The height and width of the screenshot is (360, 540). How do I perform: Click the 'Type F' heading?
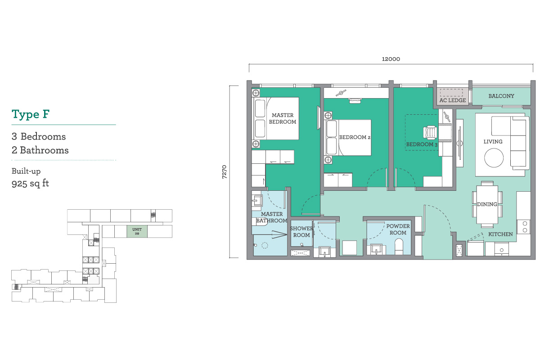[x=31, y=114]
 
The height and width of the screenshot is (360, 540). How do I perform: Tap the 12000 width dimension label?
[x=391, y=59]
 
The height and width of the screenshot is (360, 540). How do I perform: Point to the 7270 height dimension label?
[x=225, y=172]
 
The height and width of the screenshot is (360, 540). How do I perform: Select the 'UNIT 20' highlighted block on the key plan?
[x=137, y=231]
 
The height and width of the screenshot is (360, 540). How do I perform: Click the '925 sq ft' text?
[x=30, y=184]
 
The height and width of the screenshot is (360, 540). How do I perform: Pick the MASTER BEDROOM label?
[x=283, y=119]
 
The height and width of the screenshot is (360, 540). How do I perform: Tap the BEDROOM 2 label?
[x=355, y=137]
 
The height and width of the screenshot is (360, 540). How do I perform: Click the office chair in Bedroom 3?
[x=430, y=133]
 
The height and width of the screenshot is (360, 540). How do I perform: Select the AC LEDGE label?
[x=453, y=100]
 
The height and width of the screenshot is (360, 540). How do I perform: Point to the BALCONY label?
[x=501, y=96]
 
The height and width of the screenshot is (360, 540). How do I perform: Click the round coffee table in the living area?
[x=494, y=157]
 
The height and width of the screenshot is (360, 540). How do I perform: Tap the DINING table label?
[x=487, y=204]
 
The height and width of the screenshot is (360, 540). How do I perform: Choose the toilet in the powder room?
[x=399, y=247]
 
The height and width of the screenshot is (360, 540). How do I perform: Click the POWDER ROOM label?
[x=398, y=229]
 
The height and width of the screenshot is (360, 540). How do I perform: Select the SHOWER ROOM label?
[x=301, y=231]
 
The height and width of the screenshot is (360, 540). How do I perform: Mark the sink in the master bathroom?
[x=257, y=200]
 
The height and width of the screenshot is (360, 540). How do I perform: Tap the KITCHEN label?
[x=500, y=234]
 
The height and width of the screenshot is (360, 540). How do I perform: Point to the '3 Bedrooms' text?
[x=39, y=136]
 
